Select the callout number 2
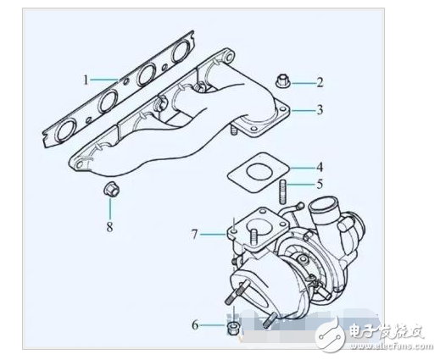coord(320,82)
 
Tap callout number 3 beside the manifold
coord(320,109)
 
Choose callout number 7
coord(195,232)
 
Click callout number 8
coord(109,226)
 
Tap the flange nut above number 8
coord(109,188)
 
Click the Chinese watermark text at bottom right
coord(386,331)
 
